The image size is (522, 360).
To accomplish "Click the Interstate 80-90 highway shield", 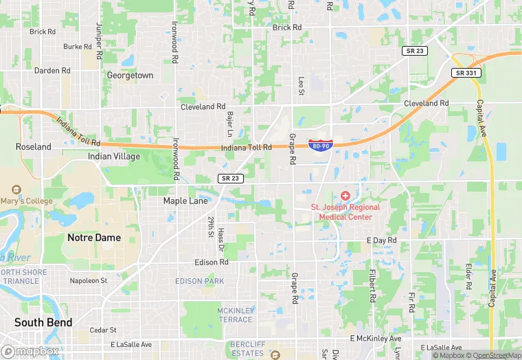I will (321, 145).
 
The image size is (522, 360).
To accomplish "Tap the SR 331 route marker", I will (466, 73).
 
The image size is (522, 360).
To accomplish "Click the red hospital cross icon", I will (345, 196).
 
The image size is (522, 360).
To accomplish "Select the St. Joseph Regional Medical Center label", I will (341, 212).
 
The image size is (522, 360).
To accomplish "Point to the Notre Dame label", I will (94, 238).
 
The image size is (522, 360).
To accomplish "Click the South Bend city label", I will (44, 322).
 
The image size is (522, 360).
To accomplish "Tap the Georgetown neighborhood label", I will (130, 76).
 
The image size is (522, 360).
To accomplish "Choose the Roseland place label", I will (34, 147).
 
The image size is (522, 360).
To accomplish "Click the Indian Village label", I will (114, 157).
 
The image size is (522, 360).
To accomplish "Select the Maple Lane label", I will (185, 201).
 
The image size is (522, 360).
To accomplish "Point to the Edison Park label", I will (199, 281).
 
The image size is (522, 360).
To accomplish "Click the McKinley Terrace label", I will (236, 315).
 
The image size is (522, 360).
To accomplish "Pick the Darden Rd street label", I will (52, 71).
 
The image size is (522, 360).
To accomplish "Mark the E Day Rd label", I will (382, 240).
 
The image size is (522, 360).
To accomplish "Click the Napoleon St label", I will (89, 281).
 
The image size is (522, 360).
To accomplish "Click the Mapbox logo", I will (30, 351).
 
